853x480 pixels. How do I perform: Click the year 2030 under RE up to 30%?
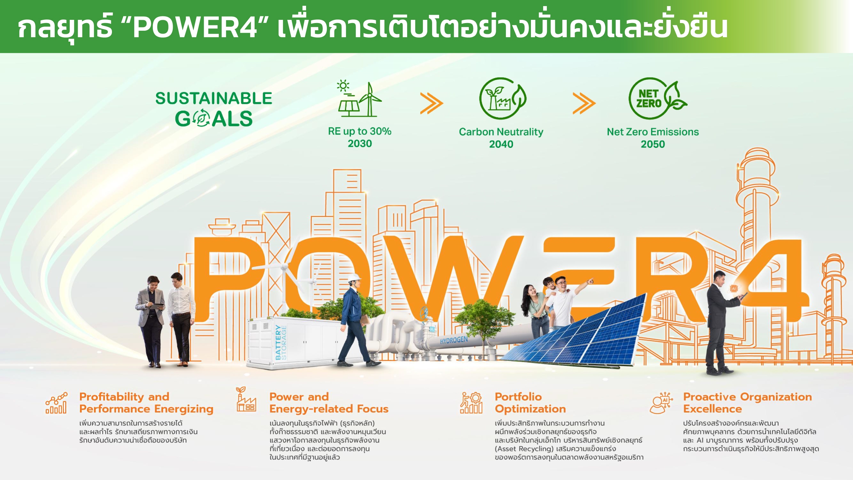coord(359,143)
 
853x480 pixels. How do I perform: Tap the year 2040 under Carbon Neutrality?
coord(501,144)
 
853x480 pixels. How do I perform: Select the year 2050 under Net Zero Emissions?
coord(652,144)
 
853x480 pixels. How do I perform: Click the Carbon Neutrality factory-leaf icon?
coord(502,98)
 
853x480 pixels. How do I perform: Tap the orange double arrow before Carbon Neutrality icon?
coord(431,103)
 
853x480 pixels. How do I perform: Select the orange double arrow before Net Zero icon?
coord(584,103)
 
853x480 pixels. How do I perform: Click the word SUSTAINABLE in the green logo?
coord(214,98)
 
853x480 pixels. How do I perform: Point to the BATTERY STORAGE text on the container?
coord(281,342)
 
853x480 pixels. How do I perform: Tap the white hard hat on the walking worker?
coord(354,277)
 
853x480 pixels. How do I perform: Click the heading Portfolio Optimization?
coord(530,403)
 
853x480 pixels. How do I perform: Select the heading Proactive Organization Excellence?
coord(747,403)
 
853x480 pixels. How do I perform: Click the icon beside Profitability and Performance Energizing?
coord(56,403)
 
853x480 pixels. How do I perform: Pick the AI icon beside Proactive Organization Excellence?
coord(661,403)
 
